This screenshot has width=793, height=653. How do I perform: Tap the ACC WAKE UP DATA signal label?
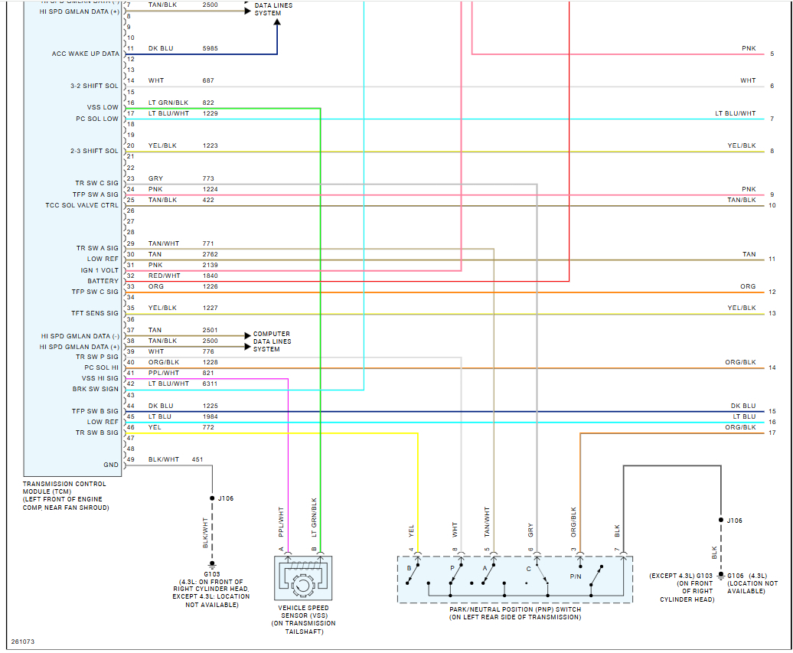pos(85,54)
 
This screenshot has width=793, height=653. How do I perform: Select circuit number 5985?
pos(210,48)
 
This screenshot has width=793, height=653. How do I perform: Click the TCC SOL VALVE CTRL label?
pos(82,205)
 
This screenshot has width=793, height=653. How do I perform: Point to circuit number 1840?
pos(210,276)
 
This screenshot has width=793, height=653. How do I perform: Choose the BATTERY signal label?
pos(103,281)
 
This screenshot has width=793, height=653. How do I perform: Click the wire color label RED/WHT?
pos(164,276)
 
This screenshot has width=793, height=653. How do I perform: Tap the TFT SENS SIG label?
pos(95,313)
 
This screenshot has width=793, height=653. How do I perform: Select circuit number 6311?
pos(210,384)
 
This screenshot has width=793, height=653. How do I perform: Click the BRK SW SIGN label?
pos(95,389)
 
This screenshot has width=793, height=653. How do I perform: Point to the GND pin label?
pos(111,465)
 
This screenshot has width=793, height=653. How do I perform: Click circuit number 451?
pos(197,459)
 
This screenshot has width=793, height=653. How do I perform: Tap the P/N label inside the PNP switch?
pos(575,576)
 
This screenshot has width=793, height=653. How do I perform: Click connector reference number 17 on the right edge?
pos(772,433)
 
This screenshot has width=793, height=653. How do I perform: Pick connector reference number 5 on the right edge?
pos(772,54)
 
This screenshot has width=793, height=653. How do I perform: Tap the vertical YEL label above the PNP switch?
pos(411,530)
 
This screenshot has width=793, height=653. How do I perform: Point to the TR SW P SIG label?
pos(96,357)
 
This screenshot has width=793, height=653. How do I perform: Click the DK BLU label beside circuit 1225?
pos(161,406)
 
